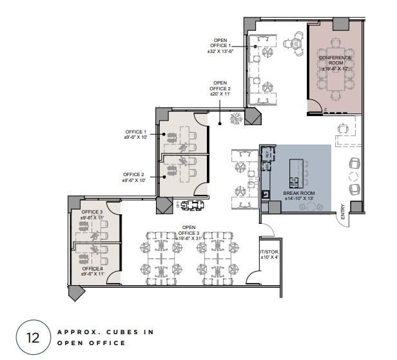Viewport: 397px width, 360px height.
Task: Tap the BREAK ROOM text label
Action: point(298,192)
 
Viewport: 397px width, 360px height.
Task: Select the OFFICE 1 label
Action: point(135,132)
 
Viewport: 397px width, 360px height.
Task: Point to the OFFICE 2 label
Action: point(134,174)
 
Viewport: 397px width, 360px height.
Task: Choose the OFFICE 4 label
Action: point(92,268)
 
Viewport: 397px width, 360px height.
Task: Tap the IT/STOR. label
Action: point(268,252)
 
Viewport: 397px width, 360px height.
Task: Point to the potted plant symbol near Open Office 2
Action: point(237,118)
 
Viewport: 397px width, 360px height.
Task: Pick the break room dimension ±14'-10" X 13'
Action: point(298,198)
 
